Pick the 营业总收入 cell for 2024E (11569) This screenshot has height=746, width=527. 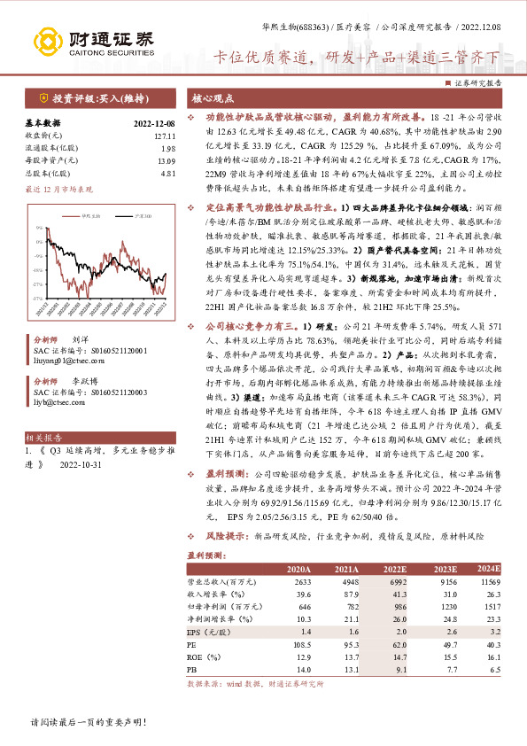tap(486, 580)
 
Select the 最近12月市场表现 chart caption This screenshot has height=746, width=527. tap(58, 190)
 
